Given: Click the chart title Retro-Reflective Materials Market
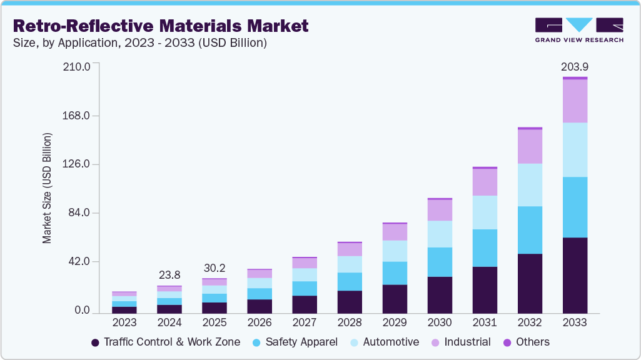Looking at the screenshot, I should point(161,26).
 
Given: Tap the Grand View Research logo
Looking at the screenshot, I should point(578,29).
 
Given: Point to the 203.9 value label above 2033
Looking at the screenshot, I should point(575,67).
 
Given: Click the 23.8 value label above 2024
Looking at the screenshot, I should point(169,274).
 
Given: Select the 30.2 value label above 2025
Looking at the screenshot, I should point(215,267).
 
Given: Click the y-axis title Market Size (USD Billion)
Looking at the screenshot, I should point(47,188).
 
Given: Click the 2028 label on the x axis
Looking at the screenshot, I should point(350,323).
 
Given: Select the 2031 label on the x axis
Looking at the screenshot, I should point(485,323).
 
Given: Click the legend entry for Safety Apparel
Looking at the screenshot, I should point(295,342).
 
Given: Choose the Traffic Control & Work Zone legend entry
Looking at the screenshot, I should point(165,342).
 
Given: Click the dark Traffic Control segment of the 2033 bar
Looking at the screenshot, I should point(575,275).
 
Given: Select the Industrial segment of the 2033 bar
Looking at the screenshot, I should point(575,101).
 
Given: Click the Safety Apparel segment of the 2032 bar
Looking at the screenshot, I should point(530,229).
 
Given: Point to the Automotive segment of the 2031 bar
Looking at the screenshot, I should point(485,212).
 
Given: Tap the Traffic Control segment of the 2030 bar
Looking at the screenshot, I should point(440,294).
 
